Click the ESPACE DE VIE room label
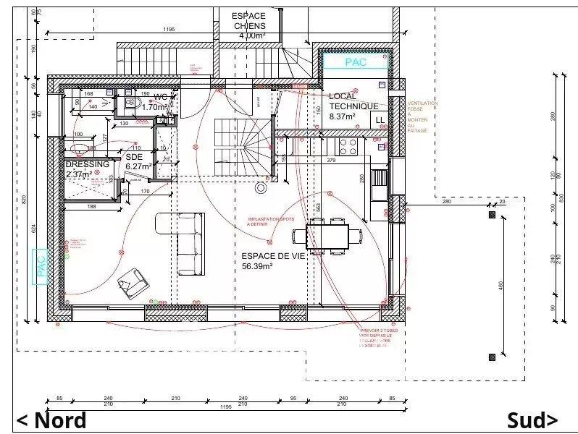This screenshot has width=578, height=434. click(x=267, y=255)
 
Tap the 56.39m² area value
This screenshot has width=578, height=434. click(x=257, y=266)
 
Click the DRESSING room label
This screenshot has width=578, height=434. click(x=87, y=164)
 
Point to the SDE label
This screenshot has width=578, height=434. click(x=134, y=156)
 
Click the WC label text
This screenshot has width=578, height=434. click(x=161, y=97)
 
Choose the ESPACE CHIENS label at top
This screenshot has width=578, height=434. click(x=249, y=21)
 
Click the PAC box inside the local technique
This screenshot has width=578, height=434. click(x=356, y=62)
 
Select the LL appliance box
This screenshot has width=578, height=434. click(x=380, y=120)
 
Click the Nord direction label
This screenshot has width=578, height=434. click(x=51, y=420)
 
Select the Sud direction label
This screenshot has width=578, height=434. click(x=532, y=420)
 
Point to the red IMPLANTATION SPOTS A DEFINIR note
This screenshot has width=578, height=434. click(x=270, y=221)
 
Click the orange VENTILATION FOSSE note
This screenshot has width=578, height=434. click(x=422, y=116)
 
